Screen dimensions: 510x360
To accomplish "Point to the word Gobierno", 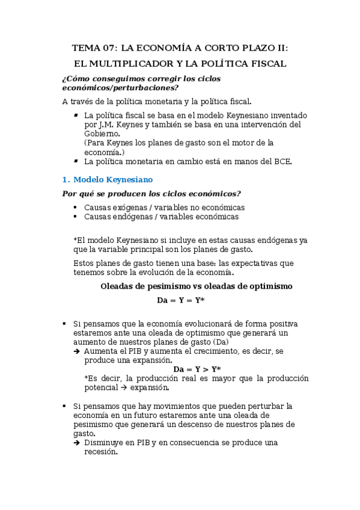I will point(101,134).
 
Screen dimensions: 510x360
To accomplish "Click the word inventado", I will point(285,115).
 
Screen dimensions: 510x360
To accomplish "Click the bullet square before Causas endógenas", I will point(75,217).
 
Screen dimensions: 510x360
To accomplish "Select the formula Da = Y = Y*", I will point(180,300).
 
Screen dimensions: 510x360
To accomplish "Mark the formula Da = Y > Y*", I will point(197,369).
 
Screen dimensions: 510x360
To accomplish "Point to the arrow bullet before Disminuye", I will point(77,443).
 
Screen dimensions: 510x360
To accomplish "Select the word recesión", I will point(100,452).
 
